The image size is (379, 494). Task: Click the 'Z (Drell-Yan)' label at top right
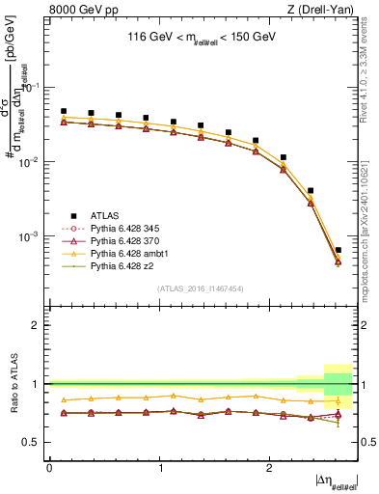(322, 11)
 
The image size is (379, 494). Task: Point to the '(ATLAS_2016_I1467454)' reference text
(200, 288)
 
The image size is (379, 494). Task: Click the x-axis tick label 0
(49, 467)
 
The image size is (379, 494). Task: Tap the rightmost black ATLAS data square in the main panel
(338, 250)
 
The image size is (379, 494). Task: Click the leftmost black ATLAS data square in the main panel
(64, 111)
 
